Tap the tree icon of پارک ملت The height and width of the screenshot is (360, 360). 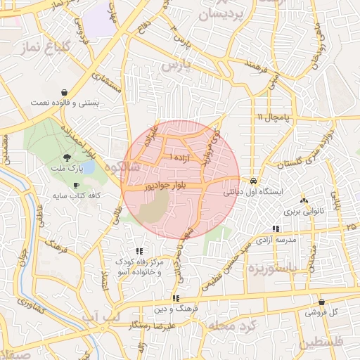tap(67, 157)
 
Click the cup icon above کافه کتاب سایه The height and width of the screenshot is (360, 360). tap(76, 185)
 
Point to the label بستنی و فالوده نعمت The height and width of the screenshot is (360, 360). tap(65, 103)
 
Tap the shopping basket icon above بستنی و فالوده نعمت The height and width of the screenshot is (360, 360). tap(65, 92)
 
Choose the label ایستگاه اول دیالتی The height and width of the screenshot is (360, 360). tap(253, 191)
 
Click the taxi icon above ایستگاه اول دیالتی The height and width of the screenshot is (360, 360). tap(253, 180)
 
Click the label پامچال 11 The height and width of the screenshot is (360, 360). tap(270, 116)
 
